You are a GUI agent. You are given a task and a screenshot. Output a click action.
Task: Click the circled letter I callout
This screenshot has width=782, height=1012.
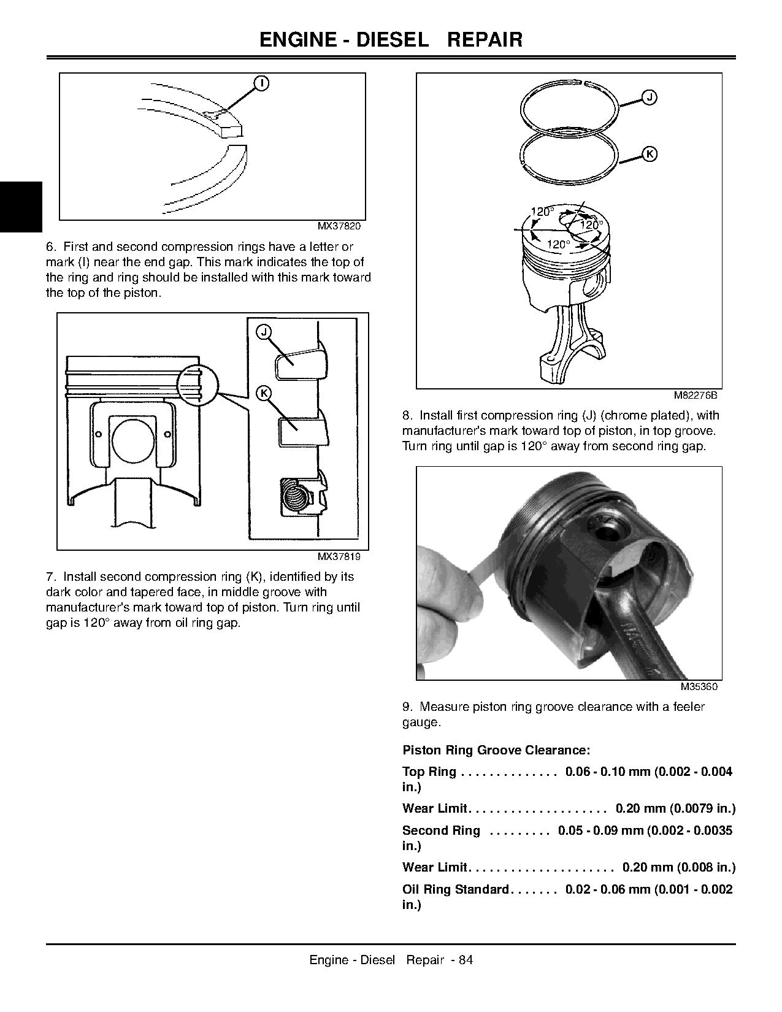tap(261, 83)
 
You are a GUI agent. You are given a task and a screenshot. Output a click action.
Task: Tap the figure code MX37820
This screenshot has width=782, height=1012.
tap(339, 226)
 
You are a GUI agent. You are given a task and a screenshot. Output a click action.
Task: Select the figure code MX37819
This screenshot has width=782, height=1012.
tap(339, 557)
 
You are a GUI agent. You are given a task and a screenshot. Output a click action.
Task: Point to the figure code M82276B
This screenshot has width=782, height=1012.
tap(695, 395)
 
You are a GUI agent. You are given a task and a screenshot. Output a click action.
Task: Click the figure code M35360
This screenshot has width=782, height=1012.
tap(699, 686)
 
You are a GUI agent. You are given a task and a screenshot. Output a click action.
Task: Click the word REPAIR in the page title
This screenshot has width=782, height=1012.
tap(485, 40)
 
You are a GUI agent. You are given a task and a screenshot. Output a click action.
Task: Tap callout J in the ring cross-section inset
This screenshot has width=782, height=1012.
tap(263, 332)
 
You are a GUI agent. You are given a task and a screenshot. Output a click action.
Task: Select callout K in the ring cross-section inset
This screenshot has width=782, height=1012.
tap(263, 393)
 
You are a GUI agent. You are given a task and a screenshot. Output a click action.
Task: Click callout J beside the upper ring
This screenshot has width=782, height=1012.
tap(650, 97)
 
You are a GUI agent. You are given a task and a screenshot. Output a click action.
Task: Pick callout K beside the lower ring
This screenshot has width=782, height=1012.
tap(650, 154)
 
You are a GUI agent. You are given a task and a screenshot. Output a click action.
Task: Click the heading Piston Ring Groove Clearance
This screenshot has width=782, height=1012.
tap(496, 750)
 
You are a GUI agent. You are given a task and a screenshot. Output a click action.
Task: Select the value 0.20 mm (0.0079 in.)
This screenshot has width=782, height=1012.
tap(675, 808)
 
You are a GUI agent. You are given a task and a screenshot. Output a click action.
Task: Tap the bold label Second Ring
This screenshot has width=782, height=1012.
tap(441, 830)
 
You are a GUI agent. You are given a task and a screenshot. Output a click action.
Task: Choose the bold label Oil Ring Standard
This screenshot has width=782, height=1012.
tap(456, 889)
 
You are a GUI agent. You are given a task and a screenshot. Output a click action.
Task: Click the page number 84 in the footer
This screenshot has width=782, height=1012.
tap(466, 960)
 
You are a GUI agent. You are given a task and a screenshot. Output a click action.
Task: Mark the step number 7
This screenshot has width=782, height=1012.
tap(51, 577)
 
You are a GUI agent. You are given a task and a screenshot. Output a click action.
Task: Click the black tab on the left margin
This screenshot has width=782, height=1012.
tap(21, 207)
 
